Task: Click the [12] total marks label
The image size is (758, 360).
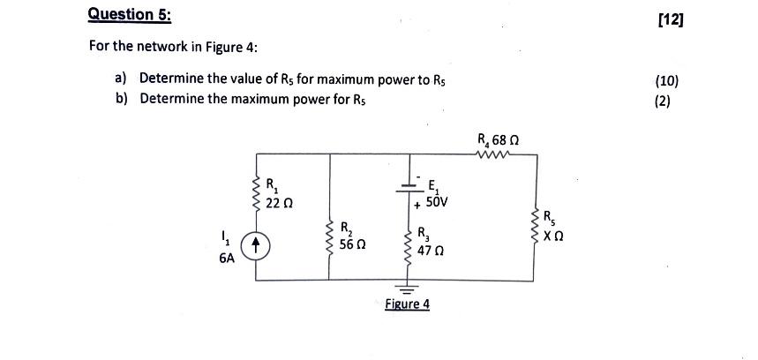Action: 670,18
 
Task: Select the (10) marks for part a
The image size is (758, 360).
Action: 667,80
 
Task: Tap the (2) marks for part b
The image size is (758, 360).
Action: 663,100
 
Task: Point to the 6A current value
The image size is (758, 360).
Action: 227,259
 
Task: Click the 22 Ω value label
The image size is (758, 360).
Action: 280,204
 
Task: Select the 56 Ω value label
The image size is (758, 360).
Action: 354,249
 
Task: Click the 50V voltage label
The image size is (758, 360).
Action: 435,203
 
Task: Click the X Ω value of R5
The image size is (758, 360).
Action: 553,236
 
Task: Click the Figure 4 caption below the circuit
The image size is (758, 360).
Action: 407,304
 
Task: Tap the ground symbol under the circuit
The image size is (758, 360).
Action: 406,288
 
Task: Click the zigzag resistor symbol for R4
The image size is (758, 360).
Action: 492,154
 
